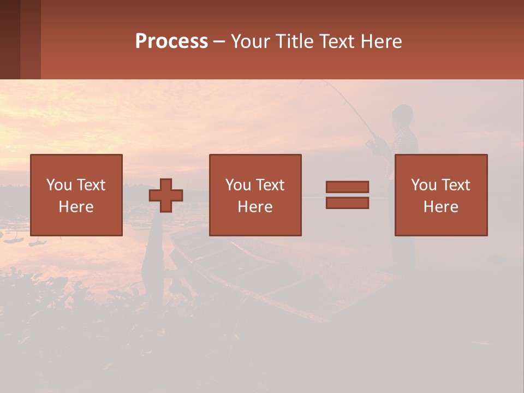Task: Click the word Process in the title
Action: coord(171,41)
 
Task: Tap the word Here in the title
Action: coord(382,41)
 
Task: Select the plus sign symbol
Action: coord(166,195)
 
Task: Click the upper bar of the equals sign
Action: coord(347,187)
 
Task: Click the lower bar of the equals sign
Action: coord(347,203)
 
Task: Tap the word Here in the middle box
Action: coord(255,207)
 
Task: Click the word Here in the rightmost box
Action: coord(440,207)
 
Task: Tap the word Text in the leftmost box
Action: coord(91,185)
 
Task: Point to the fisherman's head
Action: coord(403,116)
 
